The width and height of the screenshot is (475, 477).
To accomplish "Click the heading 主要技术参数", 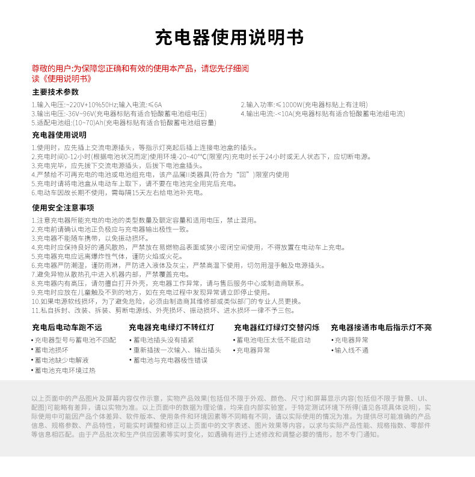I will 55,92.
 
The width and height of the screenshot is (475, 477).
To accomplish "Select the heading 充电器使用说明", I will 59,135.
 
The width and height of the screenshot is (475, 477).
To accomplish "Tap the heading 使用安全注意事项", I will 63,208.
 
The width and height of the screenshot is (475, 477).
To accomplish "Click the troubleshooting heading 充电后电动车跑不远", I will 67,327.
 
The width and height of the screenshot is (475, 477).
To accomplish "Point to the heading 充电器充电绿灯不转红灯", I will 171,327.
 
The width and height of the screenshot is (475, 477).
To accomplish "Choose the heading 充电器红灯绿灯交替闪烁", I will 277,327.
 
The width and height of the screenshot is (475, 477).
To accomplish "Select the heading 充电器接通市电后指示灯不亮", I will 381,327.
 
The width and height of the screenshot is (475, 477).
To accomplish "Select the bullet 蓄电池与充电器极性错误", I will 170,360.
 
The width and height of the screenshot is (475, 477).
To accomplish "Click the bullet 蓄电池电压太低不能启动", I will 273,339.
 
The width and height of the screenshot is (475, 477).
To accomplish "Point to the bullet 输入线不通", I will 351,350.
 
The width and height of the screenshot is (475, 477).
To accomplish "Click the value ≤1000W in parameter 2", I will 289,105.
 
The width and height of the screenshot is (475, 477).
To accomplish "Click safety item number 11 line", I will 162,311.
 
